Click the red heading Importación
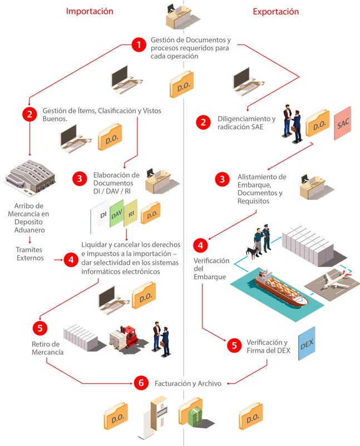click(90, 11)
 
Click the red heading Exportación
click(275, 11)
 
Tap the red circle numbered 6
click(142, 383)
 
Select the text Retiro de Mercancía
click(47, 348)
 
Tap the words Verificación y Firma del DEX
click(267, 346)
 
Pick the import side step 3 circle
click(80, 179)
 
